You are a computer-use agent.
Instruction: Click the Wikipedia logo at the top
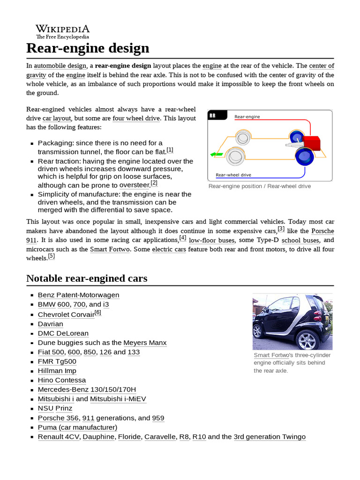coord(62,31)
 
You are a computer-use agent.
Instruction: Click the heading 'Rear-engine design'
coord(88,48)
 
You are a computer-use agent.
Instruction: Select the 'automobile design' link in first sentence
coord(60,66)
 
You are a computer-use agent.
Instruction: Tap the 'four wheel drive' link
coord(136,119)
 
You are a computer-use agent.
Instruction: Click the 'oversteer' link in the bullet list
coord(134,185)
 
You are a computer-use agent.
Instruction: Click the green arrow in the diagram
coord(216,154)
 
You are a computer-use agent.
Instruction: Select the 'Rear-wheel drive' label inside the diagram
coord(233,175)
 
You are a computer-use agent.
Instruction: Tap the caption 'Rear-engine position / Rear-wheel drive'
coord(259,187)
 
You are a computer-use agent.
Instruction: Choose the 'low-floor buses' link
coord(211,240)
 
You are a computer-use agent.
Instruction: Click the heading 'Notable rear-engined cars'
coord(87,278)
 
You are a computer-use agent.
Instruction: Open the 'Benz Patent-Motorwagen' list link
coord(78,295)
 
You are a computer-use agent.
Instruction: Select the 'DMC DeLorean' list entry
coord(63,333)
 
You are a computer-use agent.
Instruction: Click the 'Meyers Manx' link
coord(145,343)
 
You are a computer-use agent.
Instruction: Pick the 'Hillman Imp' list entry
coord(57,371)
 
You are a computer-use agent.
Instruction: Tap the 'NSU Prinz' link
coord(55,408)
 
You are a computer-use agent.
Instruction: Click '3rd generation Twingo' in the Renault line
coord(270,437)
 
